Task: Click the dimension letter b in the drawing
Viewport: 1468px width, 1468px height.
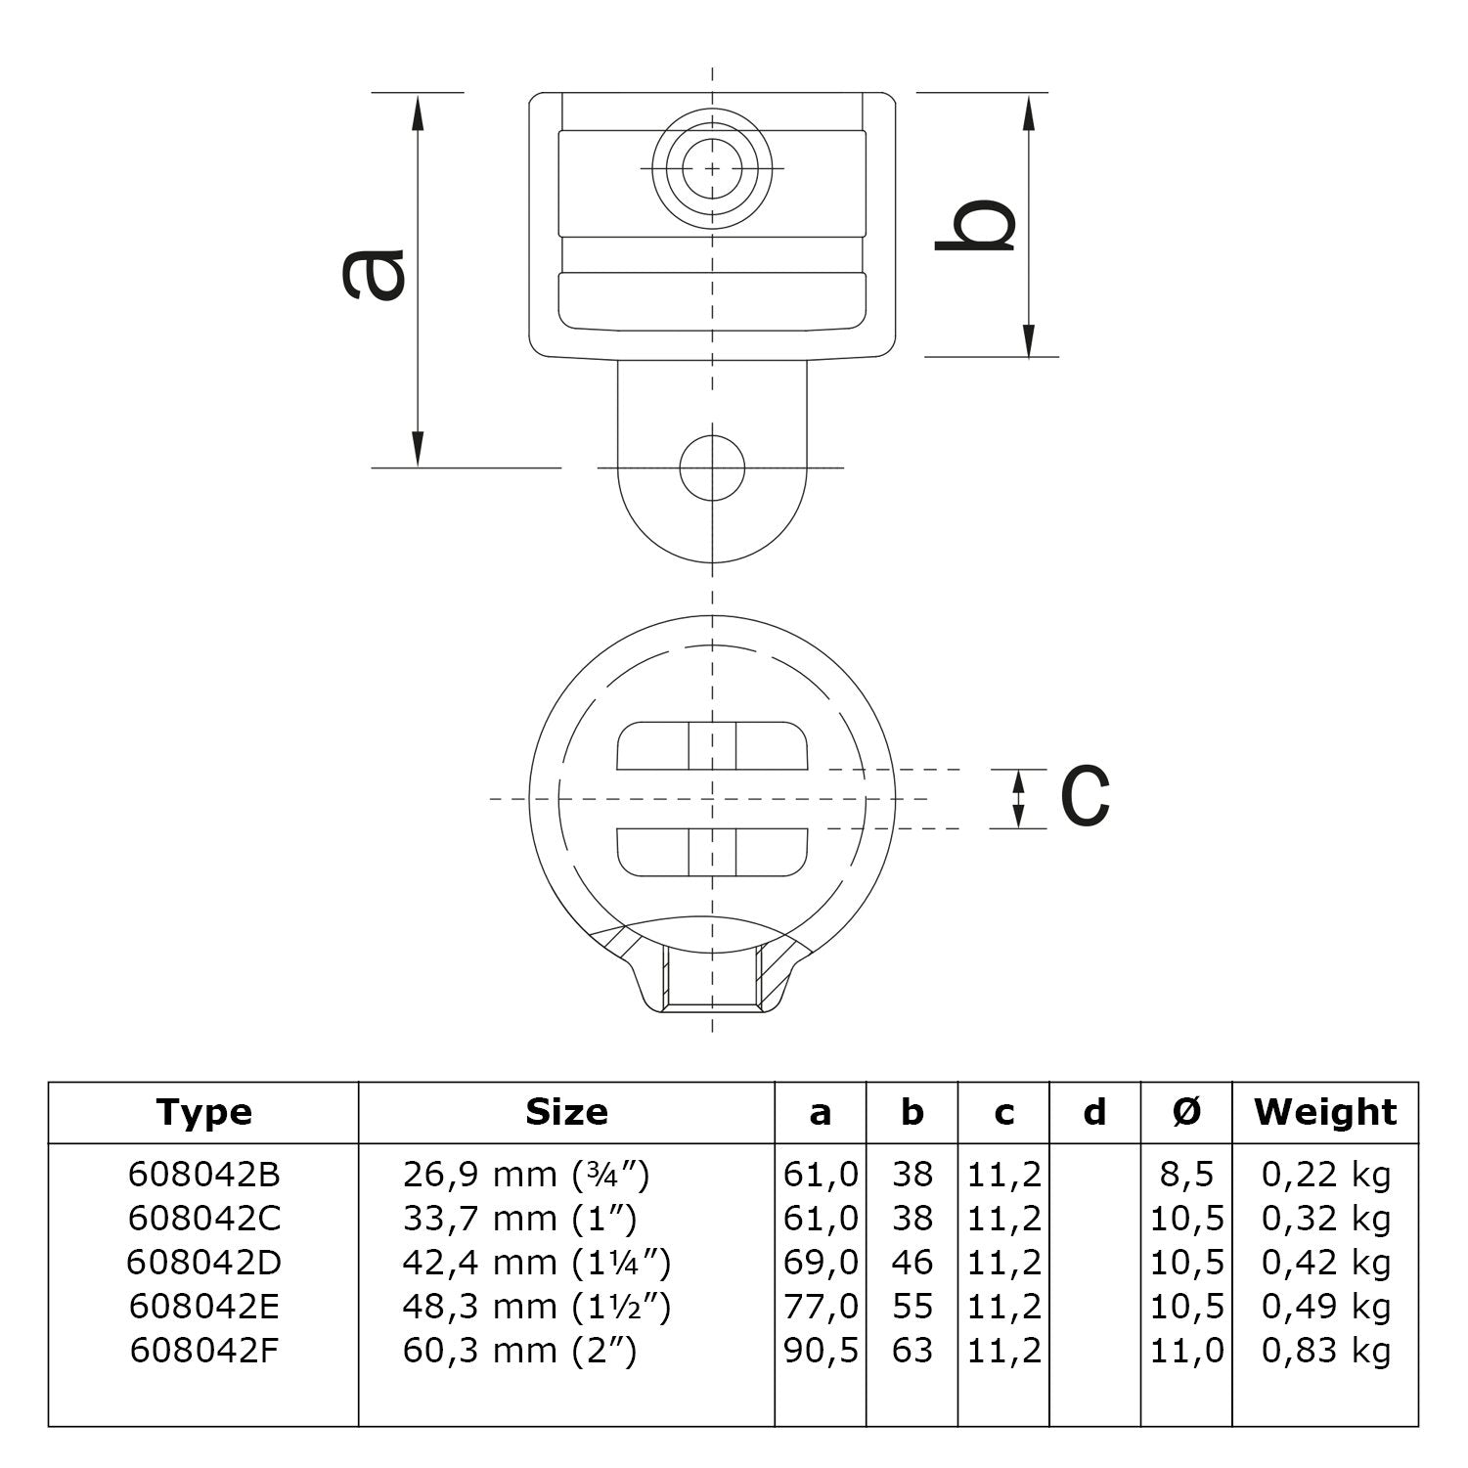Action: pos(975,225)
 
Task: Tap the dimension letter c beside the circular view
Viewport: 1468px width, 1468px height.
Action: pos(1086,793)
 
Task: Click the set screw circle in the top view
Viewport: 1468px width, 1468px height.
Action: pos(711,168)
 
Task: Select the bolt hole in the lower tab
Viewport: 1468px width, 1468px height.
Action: pos(712,467)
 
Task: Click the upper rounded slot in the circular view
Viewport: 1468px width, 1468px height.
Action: pos(712,746)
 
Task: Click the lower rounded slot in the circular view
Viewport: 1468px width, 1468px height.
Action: pos(712,852)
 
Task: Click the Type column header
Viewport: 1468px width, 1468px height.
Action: pos(203,1112)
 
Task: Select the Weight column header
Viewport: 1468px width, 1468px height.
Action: pos(1325,1112)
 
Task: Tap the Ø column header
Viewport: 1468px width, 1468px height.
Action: pos(1186,1112)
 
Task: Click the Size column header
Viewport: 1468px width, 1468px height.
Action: pos(566,1112)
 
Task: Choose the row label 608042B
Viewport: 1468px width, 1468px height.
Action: pos(203,1174)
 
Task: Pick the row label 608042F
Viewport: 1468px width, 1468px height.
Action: pos(203,1351)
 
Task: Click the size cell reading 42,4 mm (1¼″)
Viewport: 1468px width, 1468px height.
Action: pos(536,1263)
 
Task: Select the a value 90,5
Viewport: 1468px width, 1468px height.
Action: pos(821,1351)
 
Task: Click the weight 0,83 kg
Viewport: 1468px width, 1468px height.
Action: pos(1325,1351)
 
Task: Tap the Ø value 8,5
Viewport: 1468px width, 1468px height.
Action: pos(1186,1174)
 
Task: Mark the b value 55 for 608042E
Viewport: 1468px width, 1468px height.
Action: pos(912,1307)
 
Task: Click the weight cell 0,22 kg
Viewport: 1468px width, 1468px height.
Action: pos(1325,1174)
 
